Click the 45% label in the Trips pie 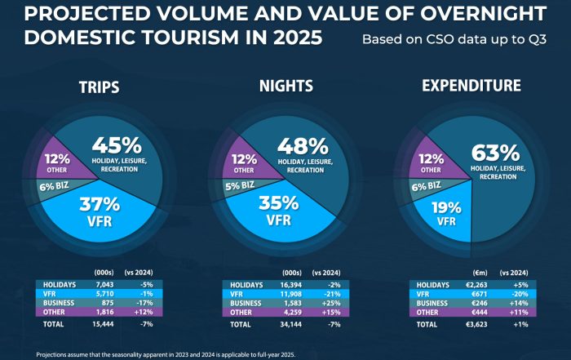click(x=117, y=145)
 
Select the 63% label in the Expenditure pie click(x=496, y=153)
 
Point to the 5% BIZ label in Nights click(x=240, y=185)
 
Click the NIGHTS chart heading click(x=286, y=86)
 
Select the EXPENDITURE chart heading click(x=471, y=85)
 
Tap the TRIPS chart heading click(x=99, y=87)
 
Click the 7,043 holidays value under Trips click(x=105, y=285)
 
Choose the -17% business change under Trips click(x=146, y=303)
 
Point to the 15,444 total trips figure click(x=103, y=324)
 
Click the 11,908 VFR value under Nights click(x=290, y=294)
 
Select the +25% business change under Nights click(x=331, y=303)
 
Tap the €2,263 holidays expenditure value click(x=476, y=285)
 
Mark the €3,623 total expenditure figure click(x=476, y=324)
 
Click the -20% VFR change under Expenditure click(x=520, y=294)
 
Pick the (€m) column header click(x=480, y=273)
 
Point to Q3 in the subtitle click(x=538, y=39)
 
